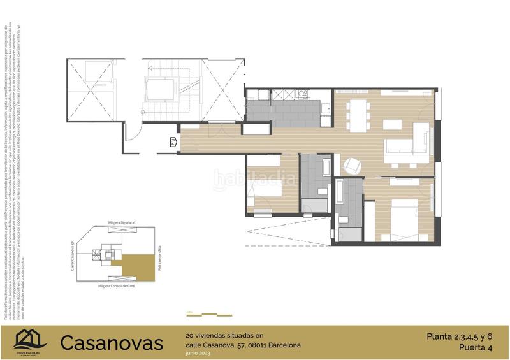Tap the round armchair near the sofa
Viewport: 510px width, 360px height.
[351, 166]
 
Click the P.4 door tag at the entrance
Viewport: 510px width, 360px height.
[173, 143]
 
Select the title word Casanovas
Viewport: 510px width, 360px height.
[112, 343]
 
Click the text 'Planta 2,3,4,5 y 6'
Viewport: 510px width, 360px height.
[459, 336]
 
